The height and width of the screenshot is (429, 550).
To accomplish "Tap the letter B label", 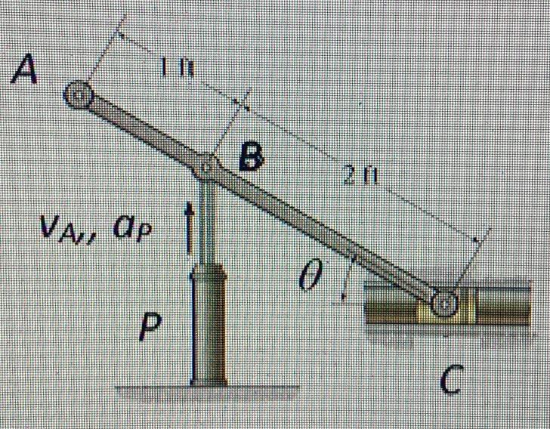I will pos(251,158).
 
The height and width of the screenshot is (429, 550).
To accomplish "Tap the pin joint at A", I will pos(78,95).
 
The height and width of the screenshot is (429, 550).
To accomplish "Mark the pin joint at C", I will pos(446,303).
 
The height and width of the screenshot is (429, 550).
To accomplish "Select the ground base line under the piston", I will pos(208,388).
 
